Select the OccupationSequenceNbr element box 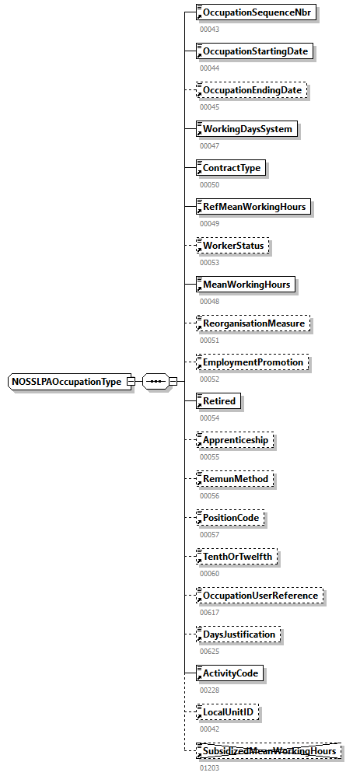pyautogui.click(x=257, y=13)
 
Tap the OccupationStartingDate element pyautogui.click(x=256, y=52)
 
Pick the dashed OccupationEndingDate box pyautogui.click(x=252, y=91)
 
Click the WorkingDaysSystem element pyautogui.click(x=246, y=129)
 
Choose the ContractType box pyautogui.click(x=231, y=168)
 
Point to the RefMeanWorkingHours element pyautogui.click(x=253, y=207)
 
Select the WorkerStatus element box pyautogui.click(x=234, y=246)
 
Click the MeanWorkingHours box pyautogui.click(x=246, y=285)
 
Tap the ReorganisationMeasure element pyautogui.click(x=253, y=323)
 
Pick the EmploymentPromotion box pyautogui.click(x=252, y=362)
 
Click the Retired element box pyautogui.click(x=218, y=401)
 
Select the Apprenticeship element pyautogui.click(x=235, y=440)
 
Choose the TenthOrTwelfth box pyautogui.click(x=237, y=557)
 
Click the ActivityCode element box pyautogui.click(x=230, y=673)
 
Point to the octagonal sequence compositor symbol pyautogui.click(x=156, y=382)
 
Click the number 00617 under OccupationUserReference pyautogui.click(x=209, y=613)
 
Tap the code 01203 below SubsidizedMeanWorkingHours pyautogui.click(x=209, y=767)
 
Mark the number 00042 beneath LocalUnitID pyautogui.click(x=209, y=729)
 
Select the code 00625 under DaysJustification pyautogui.click(x=209, y=652)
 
